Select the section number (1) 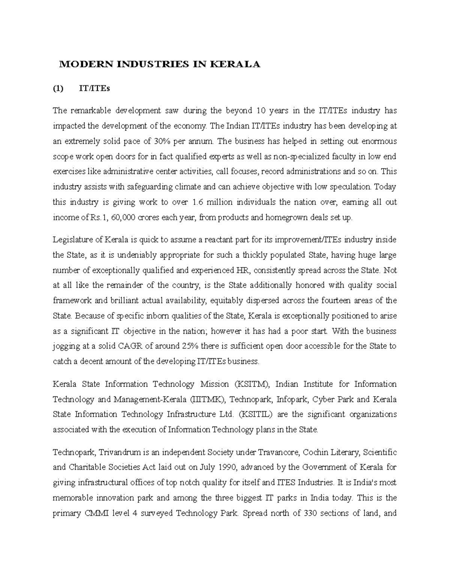pos(58,89)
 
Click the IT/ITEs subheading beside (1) pos(94,89)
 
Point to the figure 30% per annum pos(162,141)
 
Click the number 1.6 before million pos(197,202)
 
